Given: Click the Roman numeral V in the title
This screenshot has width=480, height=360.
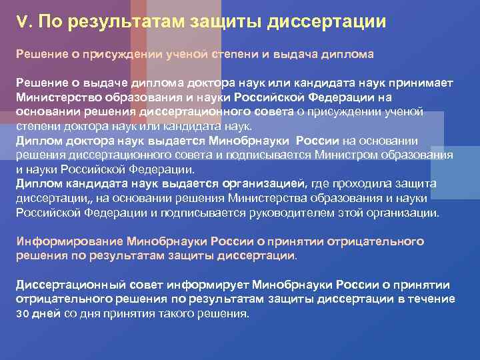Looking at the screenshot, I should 21,22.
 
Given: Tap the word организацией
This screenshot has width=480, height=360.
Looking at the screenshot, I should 265,183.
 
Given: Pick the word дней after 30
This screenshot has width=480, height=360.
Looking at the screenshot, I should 47,314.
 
